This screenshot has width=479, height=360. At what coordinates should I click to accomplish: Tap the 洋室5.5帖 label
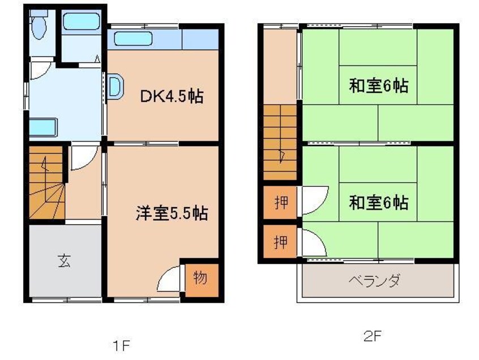point(171,213)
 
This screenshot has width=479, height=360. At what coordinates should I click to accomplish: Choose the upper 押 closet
point(280,203)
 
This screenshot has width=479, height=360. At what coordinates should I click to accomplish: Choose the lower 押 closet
point(280,243)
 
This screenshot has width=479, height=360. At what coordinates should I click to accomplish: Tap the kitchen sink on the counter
point(133,40)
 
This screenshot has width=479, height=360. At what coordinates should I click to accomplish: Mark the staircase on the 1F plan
point(45,182)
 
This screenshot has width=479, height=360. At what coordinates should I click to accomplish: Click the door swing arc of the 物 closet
point(171,278)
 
